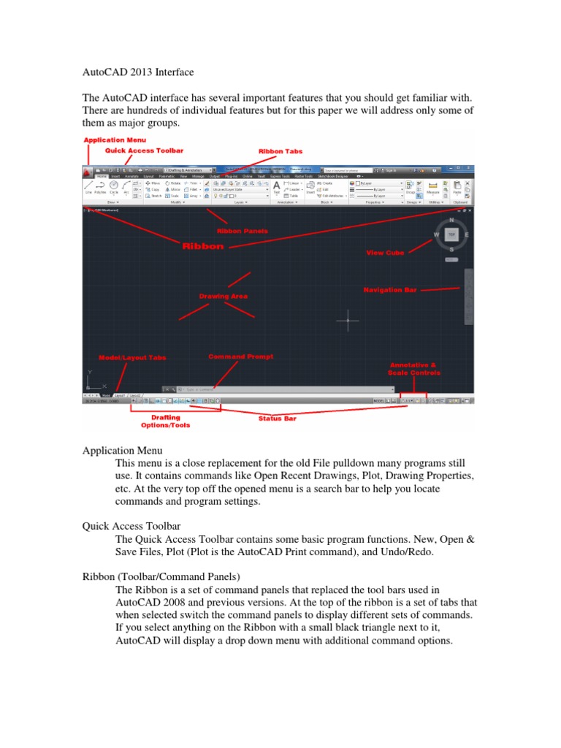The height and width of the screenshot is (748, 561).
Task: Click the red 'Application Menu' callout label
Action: pos(115,140)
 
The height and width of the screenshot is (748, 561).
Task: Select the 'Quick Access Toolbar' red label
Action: pos(144,150)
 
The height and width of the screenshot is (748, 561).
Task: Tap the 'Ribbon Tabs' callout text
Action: pos(280,151)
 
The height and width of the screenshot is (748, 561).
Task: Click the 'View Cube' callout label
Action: pos(386,253)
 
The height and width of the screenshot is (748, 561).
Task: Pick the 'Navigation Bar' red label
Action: pos(390,290)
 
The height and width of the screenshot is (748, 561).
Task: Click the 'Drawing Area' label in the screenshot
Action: pos(224,296)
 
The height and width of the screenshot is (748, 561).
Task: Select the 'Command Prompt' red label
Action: pos(241,356)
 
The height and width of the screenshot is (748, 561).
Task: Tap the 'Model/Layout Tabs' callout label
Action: pos(132,358)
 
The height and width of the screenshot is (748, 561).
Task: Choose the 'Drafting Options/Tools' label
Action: pos(166,421)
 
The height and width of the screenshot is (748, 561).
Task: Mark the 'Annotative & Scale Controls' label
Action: pos(414,368)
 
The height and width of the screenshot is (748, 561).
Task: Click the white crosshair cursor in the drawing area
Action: pos(348,319)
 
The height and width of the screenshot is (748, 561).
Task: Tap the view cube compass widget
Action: pos(452,235)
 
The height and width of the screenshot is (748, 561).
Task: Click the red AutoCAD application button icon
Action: pos(87,172)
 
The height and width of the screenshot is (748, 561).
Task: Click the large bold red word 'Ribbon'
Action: pos(203,247)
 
